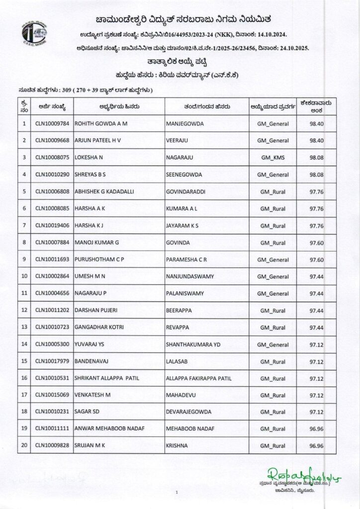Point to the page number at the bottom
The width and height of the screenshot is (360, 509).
pyautogui.click(x=177, y=492)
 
